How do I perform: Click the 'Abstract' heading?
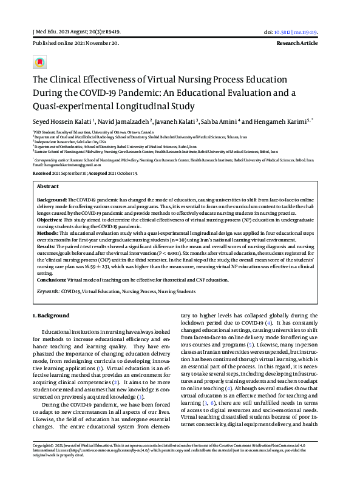[x=48, y=186]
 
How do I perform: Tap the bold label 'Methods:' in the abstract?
[x=48, y=232]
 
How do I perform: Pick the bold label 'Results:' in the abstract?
[x=47, y=247]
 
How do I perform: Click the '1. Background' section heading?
[x=50, y=316]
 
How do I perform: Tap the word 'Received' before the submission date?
[x=42, y=173]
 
